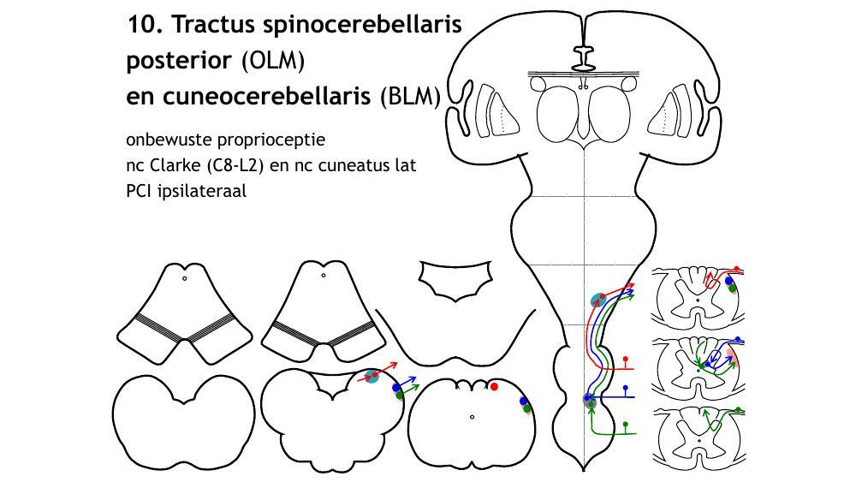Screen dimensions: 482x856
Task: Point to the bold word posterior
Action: pos(179,61)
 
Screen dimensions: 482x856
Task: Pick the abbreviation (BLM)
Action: pos(411,97)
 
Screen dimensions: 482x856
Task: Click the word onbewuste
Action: pos(166,139)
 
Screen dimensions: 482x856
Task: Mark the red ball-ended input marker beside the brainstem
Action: pos(627,358)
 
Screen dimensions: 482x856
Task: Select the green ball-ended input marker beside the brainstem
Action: pos(627,424)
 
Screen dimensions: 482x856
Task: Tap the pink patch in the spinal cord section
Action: pos(730,354)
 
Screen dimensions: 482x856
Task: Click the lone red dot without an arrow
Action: pos(494,387)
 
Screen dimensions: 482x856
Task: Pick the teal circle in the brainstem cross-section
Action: pos(372,377)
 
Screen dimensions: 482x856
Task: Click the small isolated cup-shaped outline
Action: pos(454,280)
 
